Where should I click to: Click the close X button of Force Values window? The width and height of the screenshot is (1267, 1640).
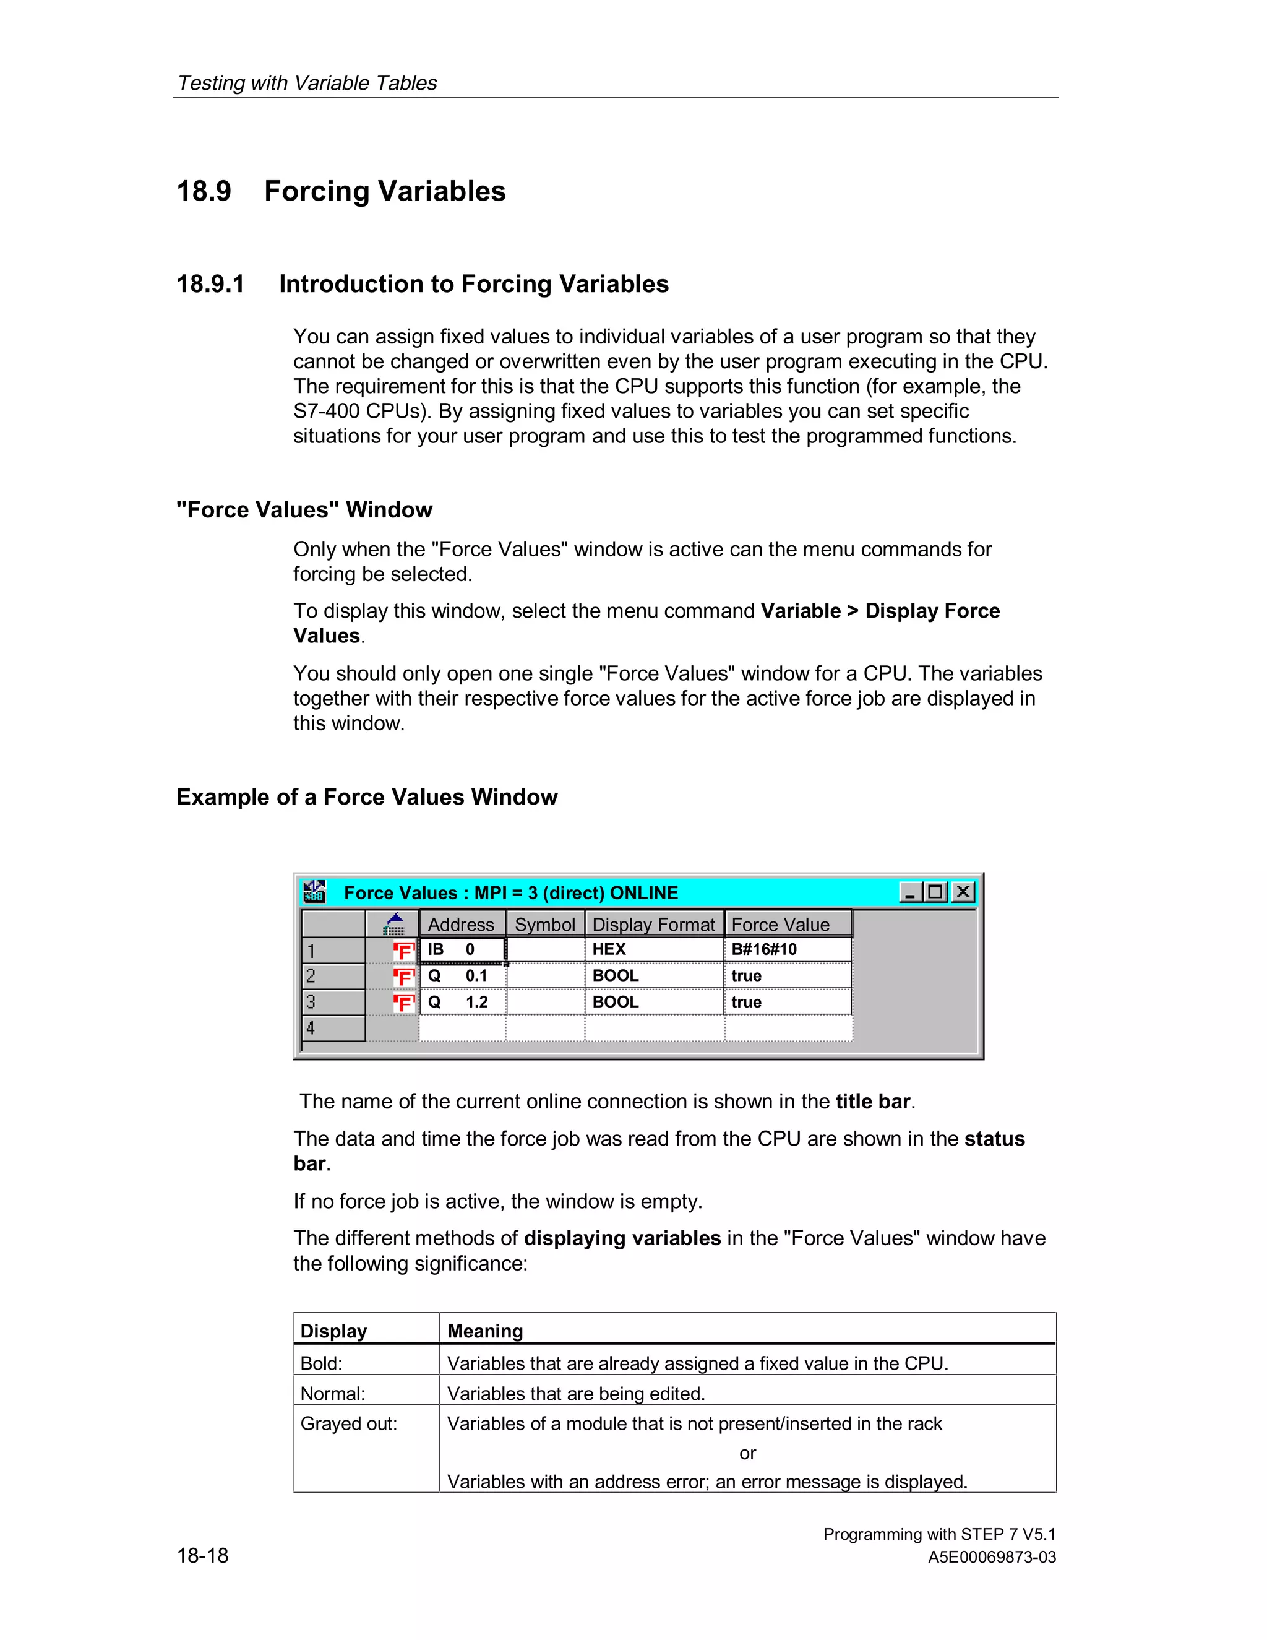[963, 891]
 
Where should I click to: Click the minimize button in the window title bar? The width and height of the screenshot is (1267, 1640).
[909, 891]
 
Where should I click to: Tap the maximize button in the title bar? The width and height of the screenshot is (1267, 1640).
[935, 891]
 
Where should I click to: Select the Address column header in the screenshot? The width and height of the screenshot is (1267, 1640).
[461, 925]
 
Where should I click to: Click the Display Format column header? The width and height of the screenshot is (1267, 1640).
[653, 925]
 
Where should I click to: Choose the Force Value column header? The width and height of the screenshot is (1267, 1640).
[781, 925]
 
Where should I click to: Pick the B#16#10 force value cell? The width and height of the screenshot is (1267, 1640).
[764, 949]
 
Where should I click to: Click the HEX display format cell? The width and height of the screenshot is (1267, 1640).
[609, 949]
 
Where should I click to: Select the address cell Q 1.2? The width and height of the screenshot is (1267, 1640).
[458, 1002]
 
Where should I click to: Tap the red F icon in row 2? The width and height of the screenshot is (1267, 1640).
[404, 976]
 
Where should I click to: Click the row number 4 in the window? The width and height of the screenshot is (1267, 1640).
[311, 1028]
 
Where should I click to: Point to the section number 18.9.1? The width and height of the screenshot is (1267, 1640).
[210, 284]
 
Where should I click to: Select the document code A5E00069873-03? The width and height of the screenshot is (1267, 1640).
[992, 1556]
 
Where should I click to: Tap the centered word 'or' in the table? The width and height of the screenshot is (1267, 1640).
[747, 1453]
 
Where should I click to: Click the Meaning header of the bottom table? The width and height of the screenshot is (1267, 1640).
[485, 1331]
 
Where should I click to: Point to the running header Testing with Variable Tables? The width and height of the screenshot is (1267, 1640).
[307, 82]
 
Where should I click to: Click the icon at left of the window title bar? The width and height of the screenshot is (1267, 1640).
[314, 891]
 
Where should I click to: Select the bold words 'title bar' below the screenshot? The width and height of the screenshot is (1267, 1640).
[873, 1101]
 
